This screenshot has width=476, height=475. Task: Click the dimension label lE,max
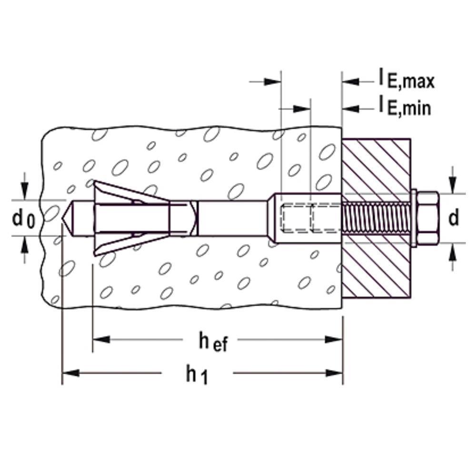click(x=407, y=80)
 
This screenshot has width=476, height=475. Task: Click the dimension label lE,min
click(x=405, y=107)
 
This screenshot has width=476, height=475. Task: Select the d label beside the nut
click(x=454, y=218)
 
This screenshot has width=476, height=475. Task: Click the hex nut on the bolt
click(x=427, y=218)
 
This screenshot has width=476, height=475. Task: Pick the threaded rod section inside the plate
click(x=376, y=218)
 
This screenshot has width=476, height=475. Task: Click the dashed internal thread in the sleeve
click(x=297, y=218)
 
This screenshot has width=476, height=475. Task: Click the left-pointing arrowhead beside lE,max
click(x=350, y=81)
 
